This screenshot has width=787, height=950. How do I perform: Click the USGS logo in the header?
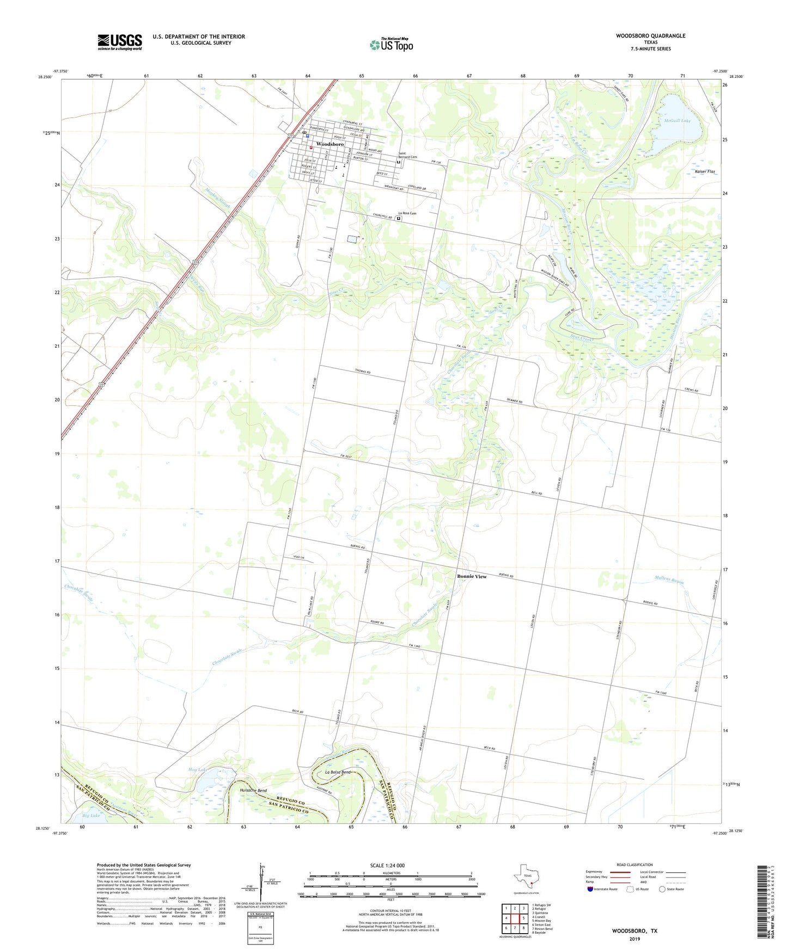pos(120,42)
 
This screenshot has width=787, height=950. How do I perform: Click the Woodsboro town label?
pos(330,144)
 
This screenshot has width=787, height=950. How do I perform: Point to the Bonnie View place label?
pos(472,576)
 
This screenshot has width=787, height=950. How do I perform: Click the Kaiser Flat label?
pos(705,171)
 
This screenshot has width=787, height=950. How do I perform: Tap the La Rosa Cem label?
pos(407,213)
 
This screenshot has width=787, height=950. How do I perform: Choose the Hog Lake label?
pos(198,770)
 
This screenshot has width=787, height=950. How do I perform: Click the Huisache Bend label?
pos(253,790)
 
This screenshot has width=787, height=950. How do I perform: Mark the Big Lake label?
pos(91,816)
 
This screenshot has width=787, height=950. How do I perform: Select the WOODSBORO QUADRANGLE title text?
pos(650,36)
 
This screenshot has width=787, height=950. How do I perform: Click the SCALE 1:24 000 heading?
pos(387,865)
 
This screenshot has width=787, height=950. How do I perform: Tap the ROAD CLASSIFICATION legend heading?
pos(635,865)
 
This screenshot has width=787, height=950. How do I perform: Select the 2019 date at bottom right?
pos(635,939)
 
